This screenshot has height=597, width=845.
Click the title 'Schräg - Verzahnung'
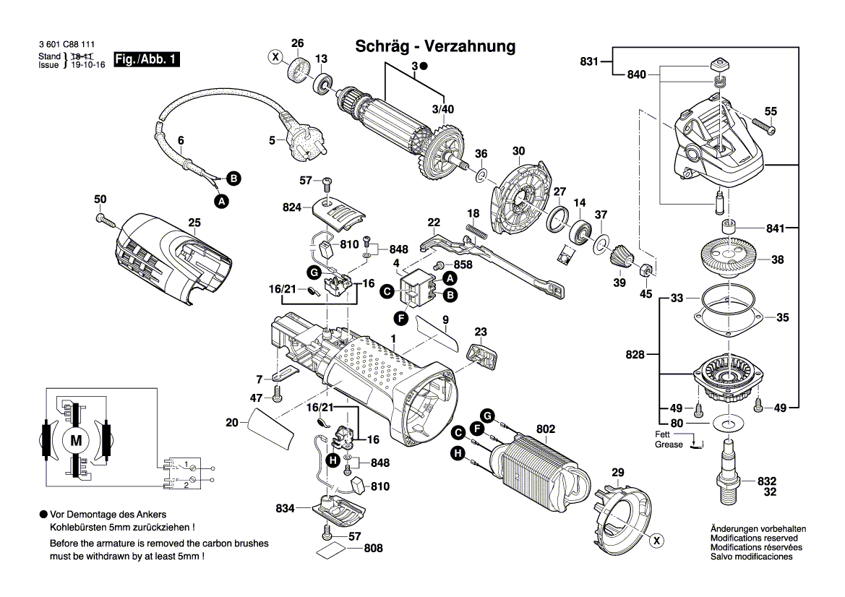[x=436, y=47]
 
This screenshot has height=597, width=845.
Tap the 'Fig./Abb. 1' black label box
[x=147, y=60]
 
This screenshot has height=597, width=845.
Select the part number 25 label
[x=194, y=223]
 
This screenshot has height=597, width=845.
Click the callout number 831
[x=590, y=62]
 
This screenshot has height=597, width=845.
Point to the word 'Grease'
[x=669, y=444]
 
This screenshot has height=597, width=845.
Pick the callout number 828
[x=636, y=355]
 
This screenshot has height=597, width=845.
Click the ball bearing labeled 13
[x=322, y=80]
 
